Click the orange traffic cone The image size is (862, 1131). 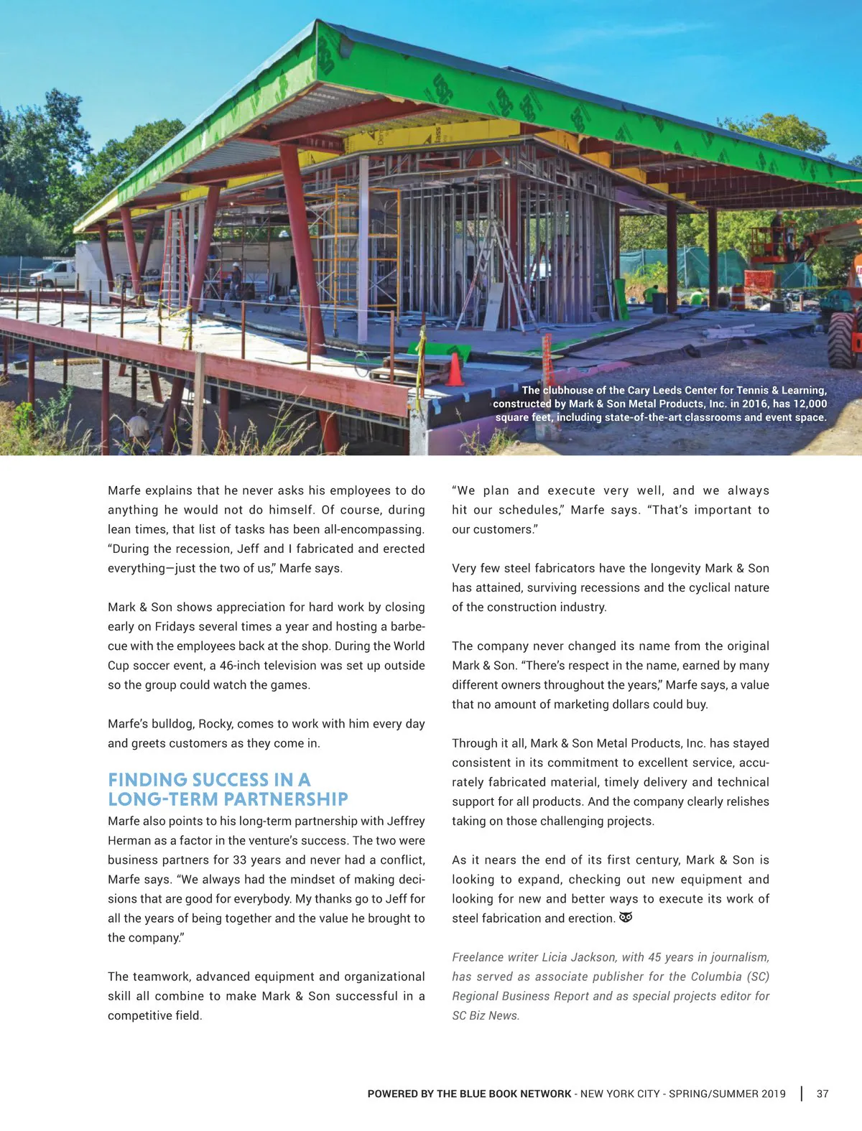point(455,369)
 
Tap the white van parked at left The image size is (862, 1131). point(54,274)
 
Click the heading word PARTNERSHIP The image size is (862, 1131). point(287,799)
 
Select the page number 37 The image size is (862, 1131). point(822,1094)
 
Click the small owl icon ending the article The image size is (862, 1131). point(626,918)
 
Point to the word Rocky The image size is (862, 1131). point(215,724)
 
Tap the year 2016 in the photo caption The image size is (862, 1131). point(753,404)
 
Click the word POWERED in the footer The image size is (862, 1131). point(392,1094)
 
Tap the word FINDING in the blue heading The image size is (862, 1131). point(147,780)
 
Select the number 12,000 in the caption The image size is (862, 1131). point(810,404)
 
